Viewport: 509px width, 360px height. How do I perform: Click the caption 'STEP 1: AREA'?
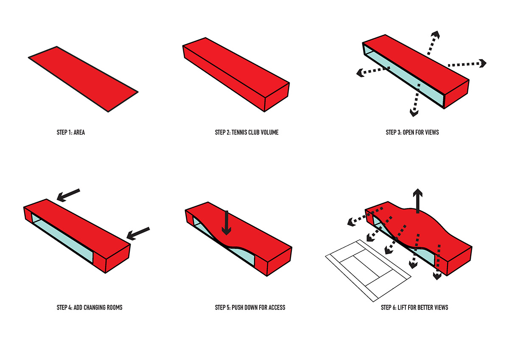[x=70, y=132]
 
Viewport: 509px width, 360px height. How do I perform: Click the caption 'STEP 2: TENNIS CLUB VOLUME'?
[x=246, y=132]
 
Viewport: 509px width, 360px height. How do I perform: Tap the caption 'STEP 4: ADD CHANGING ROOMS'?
[x=89, y=307]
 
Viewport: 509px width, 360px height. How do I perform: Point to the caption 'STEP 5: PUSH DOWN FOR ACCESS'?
[x=250, y=307]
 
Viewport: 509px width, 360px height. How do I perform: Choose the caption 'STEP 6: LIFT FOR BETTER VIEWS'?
[x=414, y=307]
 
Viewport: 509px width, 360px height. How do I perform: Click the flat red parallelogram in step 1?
[x=83, y=79]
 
